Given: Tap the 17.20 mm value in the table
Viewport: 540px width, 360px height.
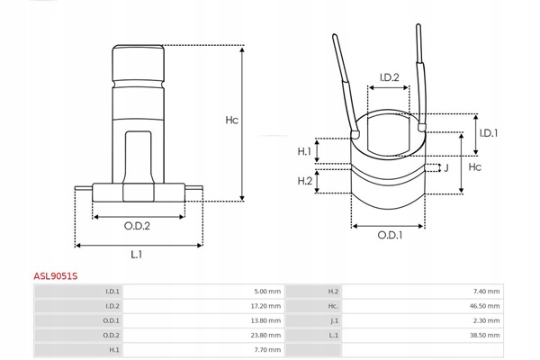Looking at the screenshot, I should tap(265, 305).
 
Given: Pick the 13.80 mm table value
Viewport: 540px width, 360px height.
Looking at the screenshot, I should tap(265, 319).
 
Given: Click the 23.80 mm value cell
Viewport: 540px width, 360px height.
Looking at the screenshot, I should tap(265, 334).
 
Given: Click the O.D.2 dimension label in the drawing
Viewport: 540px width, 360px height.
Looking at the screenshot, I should tap(137, 226).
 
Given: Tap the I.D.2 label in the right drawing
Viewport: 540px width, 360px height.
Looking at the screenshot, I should tap(389, 78).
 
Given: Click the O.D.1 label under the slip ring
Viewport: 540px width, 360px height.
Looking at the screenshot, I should tap(389, 236).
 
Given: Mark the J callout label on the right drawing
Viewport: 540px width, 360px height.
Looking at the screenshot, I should tap(445, 167).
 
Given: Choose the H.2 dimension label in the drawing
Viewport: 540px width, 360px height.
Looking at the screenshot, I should tap(304, 183).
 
